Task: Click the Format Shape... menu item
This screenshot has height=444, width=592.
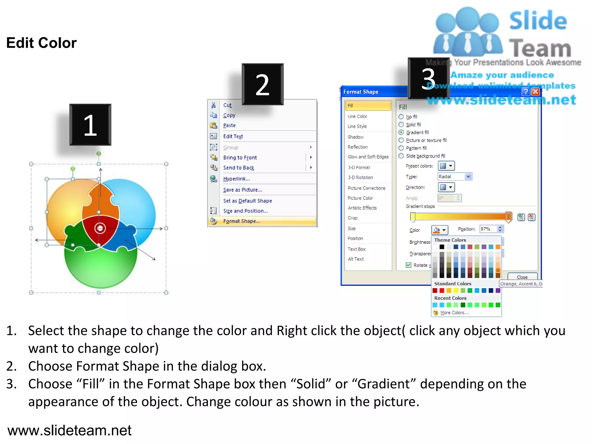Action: click(x=241, y=221)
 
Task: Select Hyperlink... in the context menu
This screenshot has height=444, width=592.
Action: click(x=236, y=179)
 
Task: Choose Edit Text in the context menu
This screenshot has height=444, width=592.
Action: click(x=233, y=136)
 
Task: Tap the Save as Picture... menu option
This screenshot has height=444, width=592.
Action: click(x=242, y=190)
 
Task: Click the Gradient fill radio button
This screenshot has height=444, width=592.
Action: click(x=401, y=132)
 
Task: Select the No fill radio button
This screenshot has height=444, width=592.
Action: click(x=401, y=117)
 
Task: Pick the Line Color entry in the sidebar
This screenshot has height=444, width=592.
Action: click(x=357, y=116)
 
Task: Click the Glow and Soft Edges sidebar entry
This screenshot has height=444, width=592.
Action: click(x=368, y=157)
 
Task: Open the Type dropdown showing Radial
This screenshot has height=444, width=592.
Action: click(x=455, y=177)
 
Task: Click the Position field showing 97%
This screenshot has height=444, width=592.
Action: click(x=488, y=229)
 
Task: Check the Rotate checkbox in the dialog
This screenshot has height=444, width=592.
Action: click(x=408, y=265)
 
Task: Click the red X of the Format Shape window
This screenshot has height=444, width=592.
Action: click(x=535, y=92)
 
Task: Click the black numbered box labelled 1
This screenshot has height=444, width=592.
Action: click(x=90, y=125)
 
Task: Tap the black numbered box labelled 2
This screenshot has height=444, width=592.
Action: click(x=262, y=84)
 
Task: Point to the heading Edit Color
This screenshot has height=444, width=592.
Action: click(x=41, y=43)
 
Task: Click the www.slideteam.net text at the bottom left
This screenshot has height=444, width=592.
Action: click(x=69, y=430)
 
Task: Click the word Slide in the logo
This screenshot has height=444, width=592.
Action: click(x=538, y=21)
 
